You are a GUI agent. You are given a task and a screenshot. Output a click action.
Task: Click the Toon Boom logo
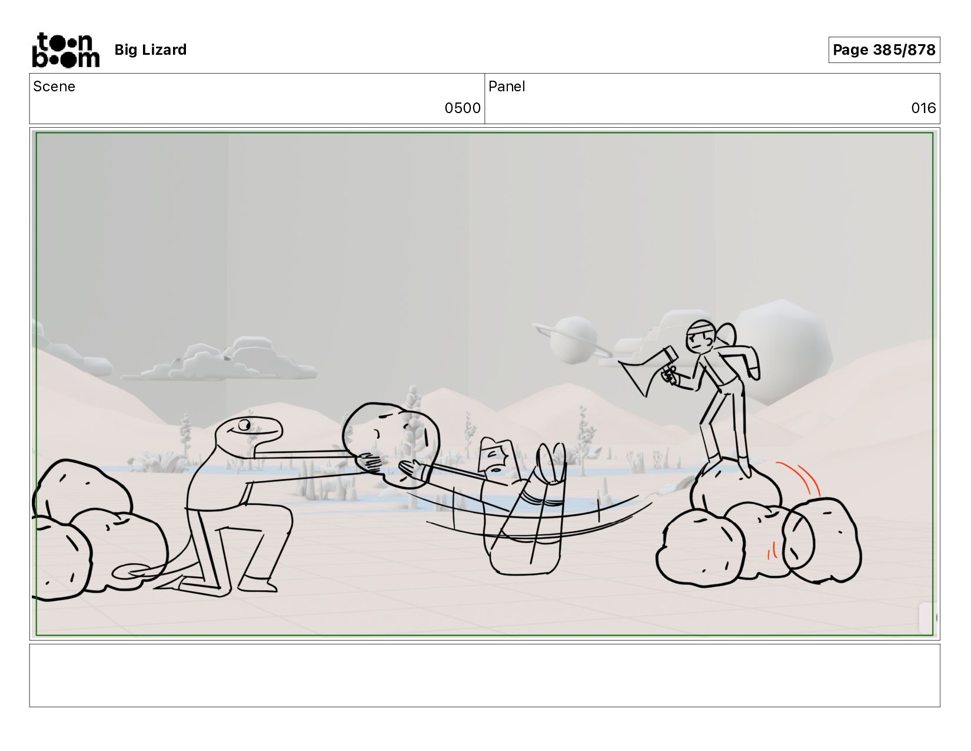[x=66, y=50]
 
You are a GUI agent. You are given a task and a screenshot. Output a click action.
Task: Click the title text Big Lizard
[x=151, y=49]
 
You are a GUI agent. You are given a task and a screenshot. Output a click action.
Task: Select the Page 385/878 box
[x=884, y=49]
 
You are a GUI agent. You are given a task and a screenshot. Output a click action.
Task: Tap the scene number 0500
[x=463, y=108]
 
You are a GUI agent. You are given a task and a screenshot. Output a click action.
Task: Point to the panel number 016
[x=924, y=108]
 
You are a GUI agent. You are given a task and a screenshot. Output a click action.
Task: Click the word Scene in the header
[x=54, y=87]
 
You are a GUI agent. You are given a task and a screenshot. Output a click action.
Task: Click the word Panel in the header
[x=507, y=87]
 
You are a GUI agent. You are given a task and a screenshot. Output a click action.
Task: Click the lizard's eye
[x=244, y=424]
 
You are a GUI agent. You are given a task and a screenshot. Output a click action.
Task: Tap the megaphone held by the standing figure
[x=649, y=370]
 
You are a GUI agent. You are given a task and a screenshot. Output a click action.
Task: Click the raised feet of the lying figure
[x=551, y=463]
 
